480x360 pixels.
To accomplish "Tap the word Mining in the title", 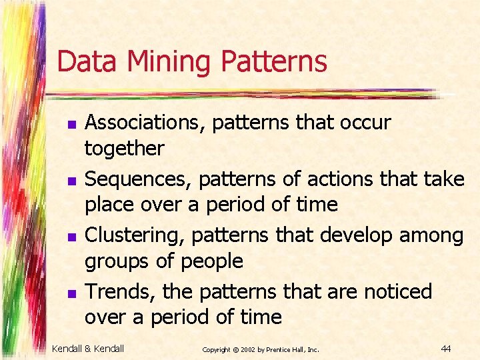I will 168,61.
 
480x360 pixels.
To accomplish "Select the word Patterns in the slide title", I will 274,61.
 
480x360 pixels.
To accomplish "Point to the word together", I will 124,148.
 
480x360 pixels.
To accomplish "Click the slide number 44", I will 446,348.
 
